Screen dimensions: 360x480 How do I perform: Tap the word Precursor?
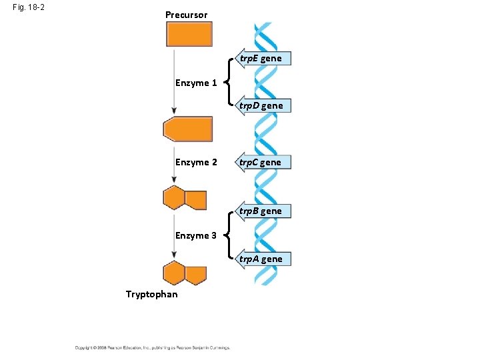(x=186, y=15)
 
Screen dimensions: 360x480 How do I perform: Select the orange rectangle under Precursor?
(x=189, y=34)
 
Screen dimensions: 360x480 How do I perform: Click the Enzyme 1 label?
(x=196, y=83)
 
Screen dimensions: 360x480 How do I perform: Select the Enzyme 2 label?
(x=196, y=162)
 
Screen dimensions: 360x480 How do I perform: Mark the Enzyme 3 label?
(x=196, y=235)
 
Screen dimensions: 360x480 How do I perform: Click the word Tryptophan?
(x=152, y=294)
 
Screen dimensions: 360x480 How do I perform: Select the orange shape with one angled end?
(x=188, y=129)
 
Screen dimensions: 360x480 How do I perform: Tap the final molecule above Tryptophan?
(x=185, y=273)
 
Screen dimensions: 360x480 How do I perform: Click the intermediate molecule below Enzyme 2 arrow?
(x=185, y=199)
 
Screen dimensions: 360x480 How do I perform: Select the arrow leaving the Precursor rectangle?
(x=174, y=80)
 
